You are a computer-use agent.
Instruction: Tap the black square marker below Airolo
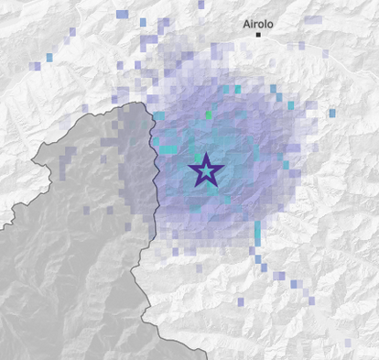click(x=258, y=35)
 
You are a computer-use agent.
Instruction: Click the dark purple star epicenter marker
click(x=206, y=170)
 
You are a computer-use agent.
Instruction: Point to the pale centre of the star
click(x=206, y=170)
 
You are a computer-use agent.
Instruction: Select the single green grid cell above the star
click(x=208, y=115)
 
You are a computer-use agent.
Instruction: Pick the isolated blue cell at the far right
click(x=331, y=114)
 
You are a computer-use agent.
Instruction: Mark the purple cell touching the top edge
click(x=200, y=5)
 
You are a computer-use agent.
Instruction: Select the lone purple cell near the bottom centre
click(x=240, y=301)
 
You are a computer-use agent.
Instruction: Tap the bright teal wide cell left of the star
click(x=168, y=148)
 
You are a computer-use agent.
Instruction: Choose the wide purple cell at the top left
click(x=123, y=15)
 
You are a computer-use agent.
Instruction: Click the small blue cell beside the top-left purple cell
click(x=142, y=21)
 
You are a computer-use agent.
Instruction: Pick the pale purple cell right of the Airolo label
click(x=313, y=19)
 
